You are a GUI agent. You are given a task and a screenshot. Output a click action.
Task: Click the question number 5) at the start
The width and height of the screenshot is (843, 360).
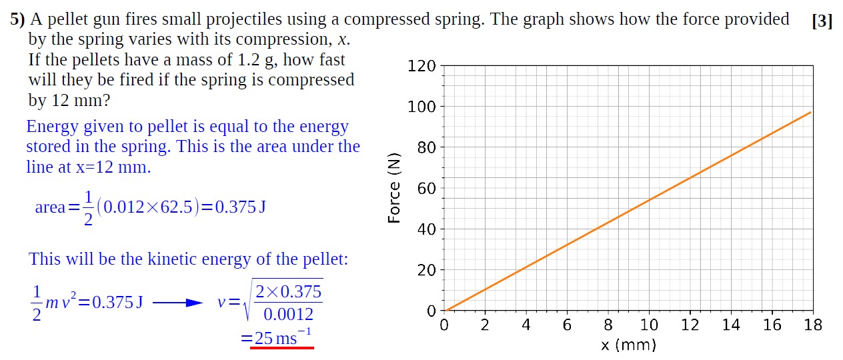(x=17, y=20)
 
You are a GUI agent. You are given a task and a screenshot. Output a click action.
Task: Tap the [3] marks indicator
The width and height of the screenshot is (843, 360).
(x=822, y=21)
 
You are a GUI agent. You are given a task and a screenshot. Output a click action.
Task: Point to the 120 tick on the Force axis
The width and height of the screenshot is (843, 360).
(x=421, y=66)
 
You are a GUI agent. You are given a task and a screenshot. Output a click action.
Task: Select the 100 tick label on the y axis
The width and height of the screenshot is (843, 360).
(x=421, y=107)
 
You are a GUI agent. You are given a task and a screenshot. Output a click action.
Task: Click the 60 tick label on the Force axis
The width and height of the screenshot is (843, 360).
(x=426, y=188)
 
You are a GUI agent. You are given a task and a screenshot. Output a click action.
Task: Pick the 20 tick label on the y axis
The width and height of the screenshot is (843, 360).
(x=426, y=270)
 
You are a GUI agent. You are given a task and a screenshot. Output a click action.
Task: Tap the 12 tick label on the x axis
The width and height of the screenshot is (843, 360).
(x=690, y=325)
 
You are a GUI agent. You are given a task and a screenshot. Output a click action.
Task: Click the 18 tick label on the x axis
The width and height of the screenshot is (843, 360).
(x=813, y=325)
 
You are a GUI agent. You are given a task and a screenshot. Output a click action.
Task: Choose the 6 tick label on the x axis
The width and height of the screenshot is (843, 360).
(x=567, y=325)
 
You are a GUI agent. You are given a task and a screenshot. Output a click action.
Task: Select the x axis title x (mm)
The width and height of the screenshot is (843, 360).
(x=628, y=345)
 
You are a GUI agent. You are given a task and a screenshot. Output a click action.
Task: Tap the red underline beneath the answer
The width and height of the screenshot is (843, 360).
(x=281, y=347)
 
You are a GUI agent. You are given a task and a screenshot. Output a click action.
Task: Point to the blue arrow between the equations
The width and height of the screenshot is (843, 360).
(x=177, y=303)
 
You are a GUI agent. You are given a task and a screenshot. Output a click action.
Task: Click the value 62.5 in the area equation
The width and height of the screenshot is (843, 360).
(x=176, y=207)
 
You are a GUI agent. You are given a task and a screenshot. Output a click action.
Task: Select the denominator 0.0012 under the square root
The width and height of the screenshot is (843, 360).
(x=288, y=314)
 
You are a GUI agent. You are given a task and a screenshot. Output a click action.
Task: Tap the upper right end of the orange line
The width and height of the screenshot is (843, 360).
(x=810, y=112)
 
